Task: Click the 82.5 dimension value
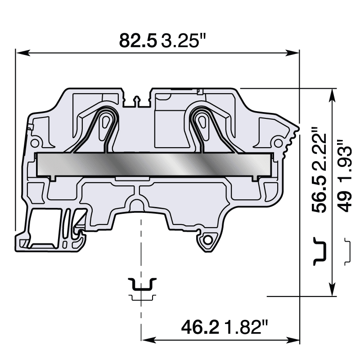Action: [138, 40]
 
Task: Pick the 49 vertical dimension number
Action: [345, 202]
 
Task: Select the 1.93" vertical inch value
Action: [345, 164]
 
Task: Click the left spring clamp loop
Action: [107, 121]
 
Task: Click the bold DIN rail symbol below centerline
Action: [142, 285]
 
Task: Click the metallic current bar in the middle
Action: [153, 164]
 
